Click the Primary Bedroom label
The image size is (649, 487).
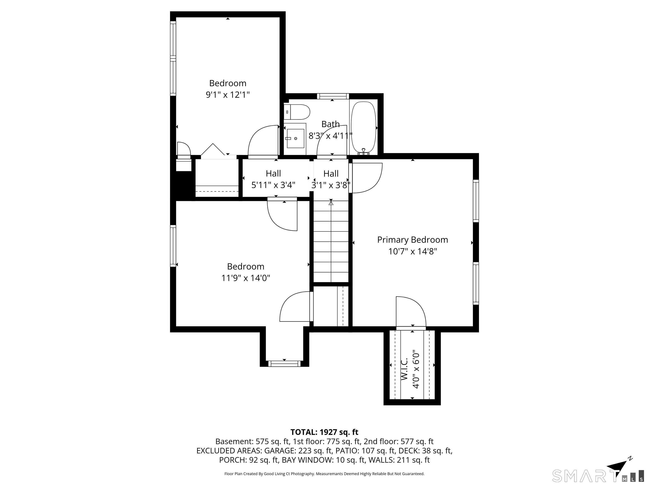tap(413, 240)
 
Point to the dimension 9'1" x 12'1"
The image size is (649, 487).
tap(228, 95)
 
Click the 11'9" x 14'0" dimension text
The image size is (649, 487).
tap(245, 278)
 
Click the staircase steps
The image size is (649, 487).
tap(331, 241)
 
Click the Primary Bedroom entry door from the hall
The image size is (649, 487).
tap(367, 178)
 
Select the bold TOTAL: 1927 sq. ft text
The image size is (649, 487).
tap(324, 432)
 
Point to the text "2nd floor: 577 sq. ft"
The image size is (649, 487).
tap(398, 442)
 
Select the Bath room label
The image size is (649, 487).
tap(331, 124)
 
